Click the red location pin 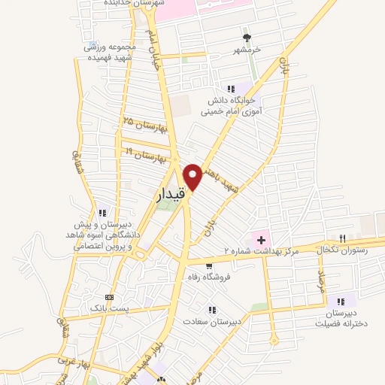193,176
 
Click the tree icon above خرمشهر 246,38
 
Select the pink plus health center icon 261,239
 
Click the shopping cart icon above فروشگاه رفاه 208,265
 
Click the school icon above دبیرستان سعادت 214,309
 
